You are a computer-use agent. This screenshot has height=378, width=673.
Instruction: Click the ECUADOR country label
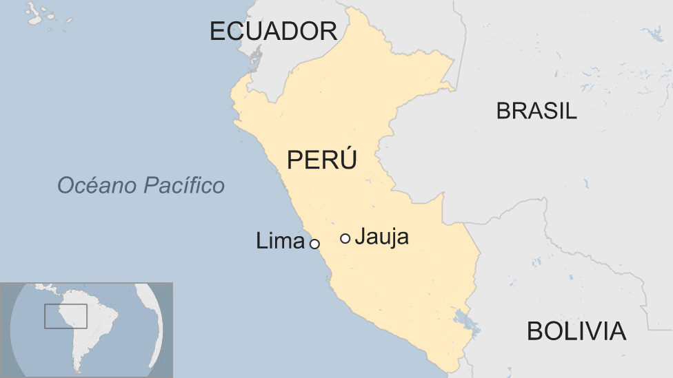pos(273,31)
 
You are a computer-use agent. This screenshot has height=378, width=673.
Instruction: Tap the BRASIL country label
pos(536,111)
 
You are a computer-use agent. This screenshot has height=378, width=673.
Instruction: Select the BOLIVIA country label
pos(576,331)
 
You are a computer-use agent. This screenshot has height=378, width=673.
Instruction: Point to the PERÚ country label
pos(322,160)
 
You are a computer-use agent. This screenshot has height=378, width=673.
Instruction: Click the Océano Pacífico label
pos(141,185)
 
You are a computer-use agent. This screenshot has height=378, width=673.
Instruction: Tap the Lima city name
pos(280,241)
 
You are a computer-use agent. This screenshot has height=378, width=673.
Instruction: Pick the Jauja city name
pos(384,237)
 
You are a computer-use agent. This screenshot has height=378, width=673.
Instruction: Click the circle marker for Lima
pos(314,244)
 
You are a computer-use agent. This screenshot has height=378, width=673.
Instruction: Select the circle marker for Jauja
pos(345,238)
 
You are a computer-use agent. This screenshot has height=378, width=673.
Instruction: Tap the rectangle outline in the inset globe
pos(66,316)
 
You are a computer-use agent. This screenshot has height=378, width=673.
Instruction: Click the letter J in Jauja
pos(362,237)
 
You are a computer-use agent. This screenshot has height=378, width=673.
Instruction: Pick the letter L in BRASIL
pos(571,111)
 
